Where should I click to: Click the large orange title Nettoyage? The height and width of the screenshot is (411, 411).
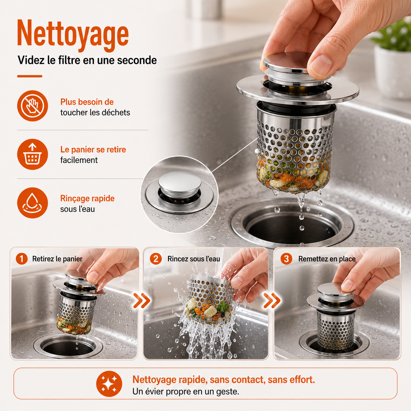(73, 35)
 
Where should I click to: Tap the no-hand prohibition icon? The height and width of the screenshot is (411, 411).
(32, 106)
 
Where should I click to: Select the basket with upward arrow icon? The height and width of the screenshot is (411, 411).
(32, 154)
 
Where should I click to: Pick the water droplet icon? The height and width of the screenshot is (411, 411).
(32, 203)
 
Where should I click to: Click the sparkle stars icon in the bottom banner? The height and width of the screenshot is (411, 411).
(109, 384)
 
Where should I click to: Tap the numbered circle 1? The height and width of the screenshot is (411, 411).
(22, 259)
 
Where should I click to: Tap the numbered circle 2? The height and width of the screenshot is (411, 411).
(156, 259)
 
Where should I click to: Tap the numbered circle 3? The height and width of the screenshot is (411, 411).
(286, 259)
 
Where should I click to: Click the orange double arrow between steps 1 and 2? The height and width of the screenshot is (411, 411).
(142, 301)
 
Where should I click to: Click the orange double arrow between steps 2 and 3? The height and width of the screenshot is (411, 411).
(272, 301)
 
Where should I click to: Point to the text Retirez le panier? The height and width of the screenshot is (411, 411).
(57, 259)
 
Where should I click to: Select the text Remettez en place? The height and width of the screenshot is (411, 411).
(327, 259)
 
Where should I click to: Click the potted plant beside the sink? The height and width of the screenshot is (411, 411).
(392, 60)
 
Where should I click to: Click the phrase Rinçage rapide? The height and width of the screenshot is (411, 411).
(88, 199)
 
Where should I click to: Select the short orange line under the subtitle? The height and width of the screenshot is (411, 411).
(29, 76)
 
